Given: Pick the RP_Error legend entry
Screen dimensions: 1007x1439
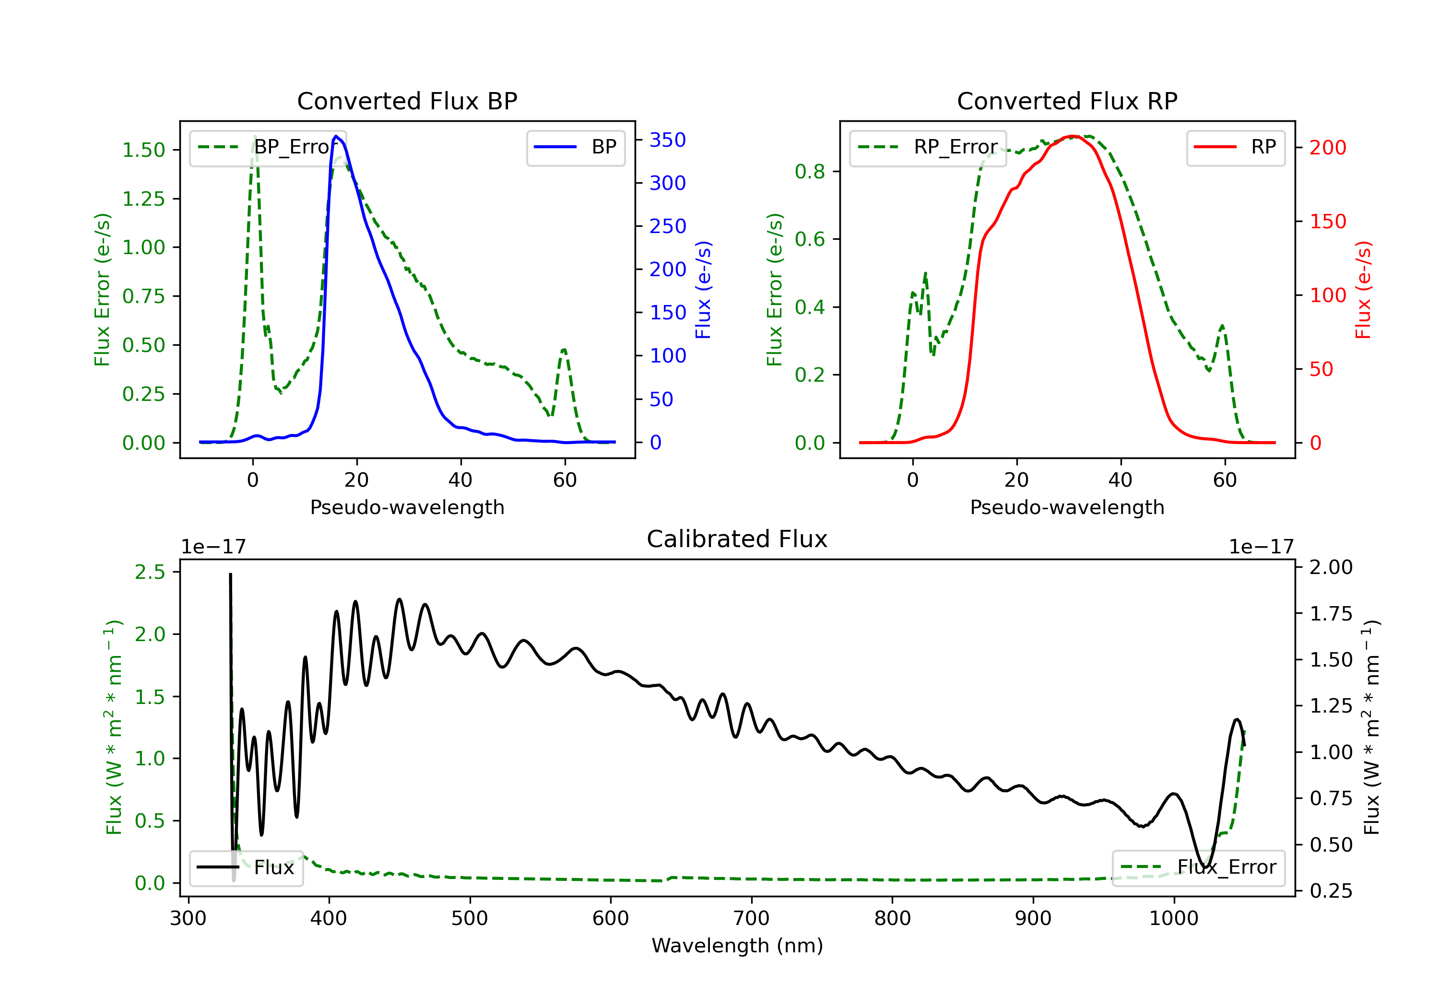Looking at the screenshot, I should (x=928, y=147).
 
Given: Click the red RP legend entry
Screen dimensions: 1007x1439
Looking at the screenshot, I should (x=1235, y=147).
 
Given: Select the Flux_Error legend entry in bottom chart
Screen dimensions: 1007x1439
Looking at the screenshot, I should (x=1198, y=867).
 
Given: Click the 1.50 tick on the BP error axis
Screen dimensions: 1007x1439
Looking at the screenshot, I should (x=143, y=151).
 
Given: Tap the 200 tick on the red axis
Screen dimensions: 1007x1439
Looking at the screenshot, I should (x=1327, y=148).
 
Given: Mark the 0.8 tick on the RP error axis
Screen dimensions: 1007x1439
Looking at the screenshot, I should (x=810, y=172).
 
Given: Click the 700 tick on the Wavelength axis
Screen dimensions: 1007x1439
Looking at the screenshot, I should (x=751, y=919).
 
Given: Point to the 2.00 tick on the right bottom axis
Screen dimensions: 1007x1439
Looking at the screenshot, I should (x=1331, y=567).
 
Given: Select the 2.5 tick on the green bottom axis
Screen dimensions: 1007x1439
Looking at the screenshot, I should (x=150, y=572).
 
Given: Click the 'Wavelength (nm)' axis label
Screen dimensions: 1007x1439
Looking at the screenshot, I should (x=737, y=946).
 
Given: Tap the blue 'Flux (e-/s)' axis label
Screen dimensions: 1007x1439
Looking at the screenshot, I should (x=703, y=290).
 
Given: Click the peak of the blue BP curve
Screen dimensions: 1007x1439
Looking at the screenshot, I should (x=336, y=136).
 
